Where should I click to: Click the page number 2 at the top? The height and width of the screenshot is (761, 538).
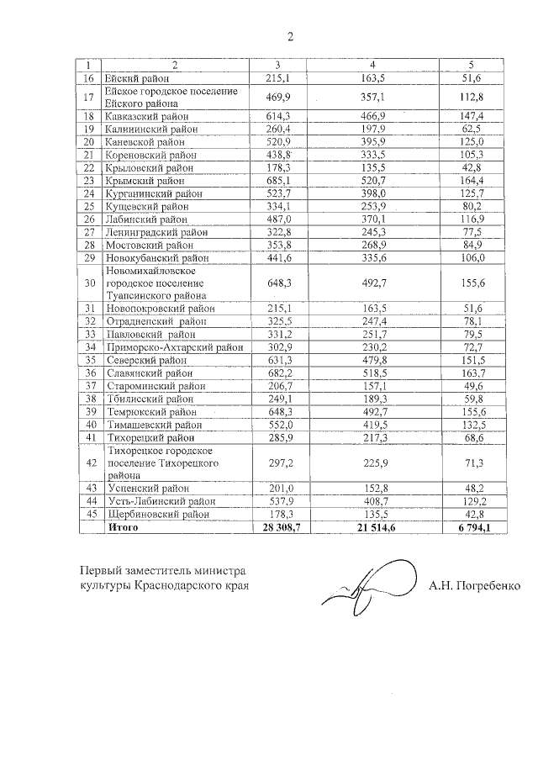[290, 36]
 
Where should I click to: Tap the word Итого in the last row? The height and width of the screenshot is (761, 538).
[122, 527]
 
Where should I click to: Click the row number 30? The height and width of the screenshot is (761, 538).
[90, 283]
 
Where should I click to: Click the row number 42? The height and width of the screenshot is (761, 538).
[90, 462]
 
